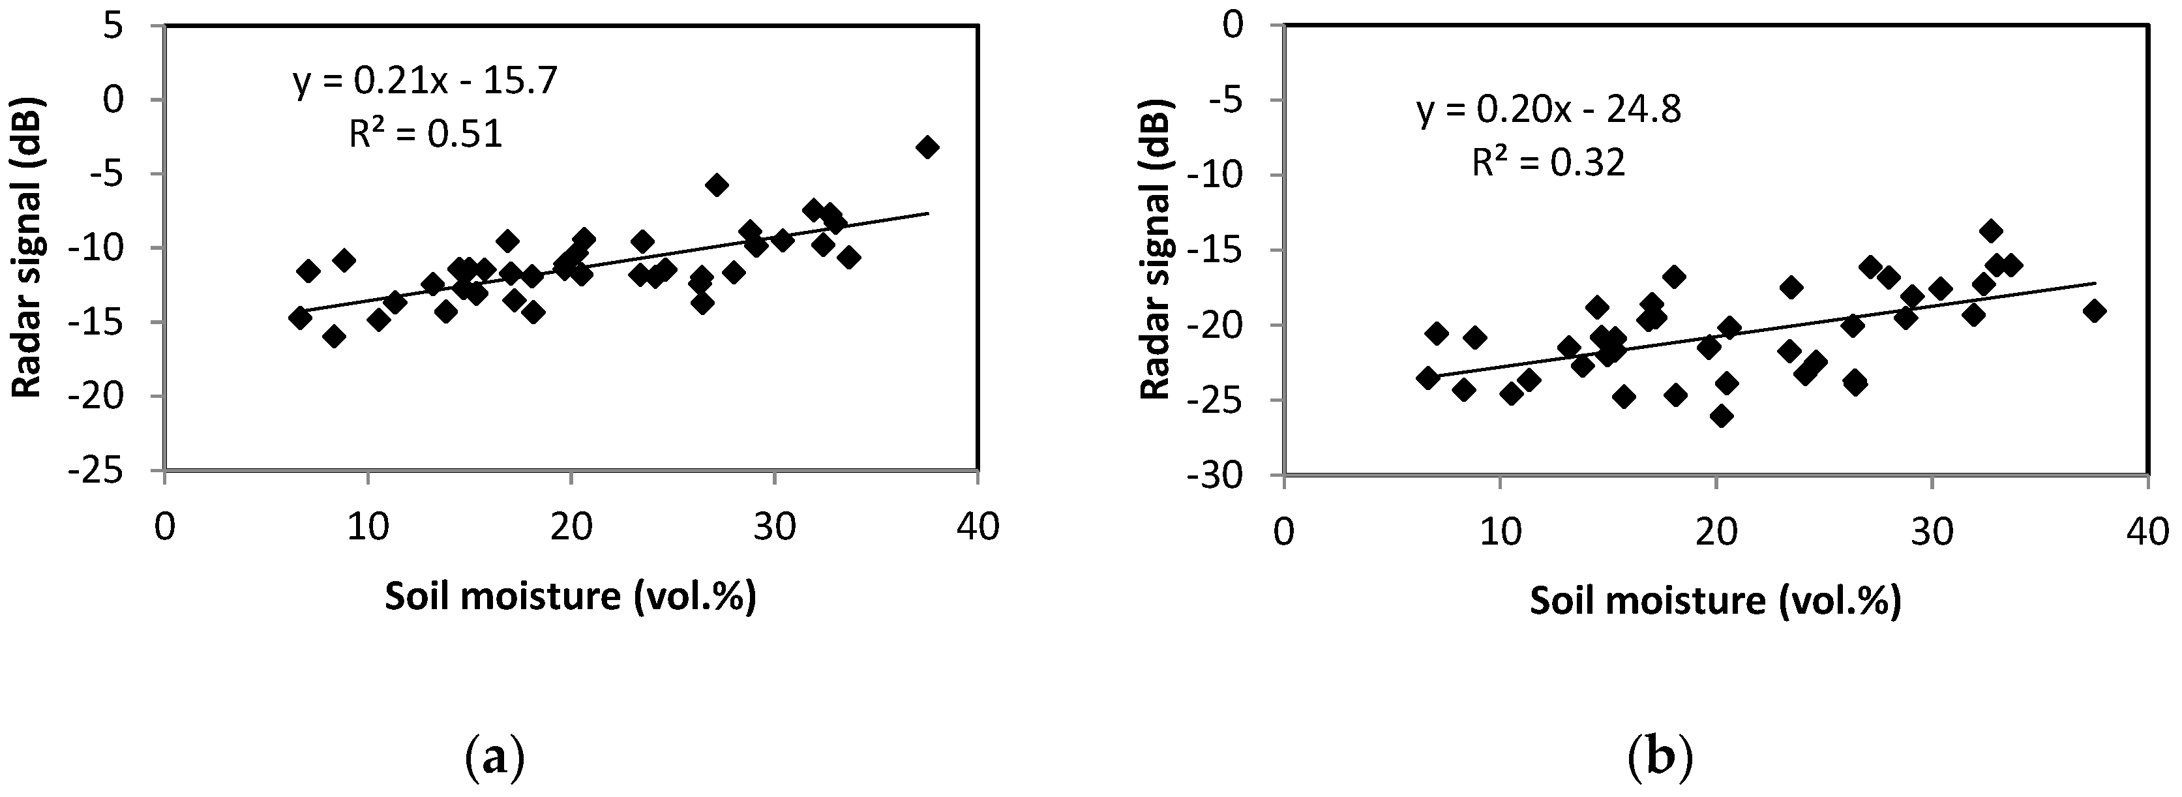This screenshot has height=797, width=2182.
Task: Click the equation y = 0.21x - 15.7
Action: click(425, 82)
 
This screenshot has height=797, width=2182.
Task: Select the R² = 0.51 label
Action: click(425, 134)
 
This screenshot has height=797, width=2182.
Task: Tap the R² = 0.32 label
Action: click(1548, 162)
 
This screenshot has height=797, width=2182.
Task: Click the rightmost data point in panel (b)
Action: click(2094, 311)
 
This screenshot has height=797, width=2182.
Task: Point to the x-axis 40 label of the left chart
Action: click(978, 528)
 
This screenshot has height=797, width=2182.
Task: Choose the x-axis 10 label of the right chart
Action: click(1499, 533)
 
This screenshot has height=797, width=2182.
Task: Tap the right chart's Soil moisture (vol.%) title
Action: click(1715, 601)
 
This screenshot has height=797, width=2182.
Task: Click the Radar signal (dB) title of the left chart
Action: click(29, 247)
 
